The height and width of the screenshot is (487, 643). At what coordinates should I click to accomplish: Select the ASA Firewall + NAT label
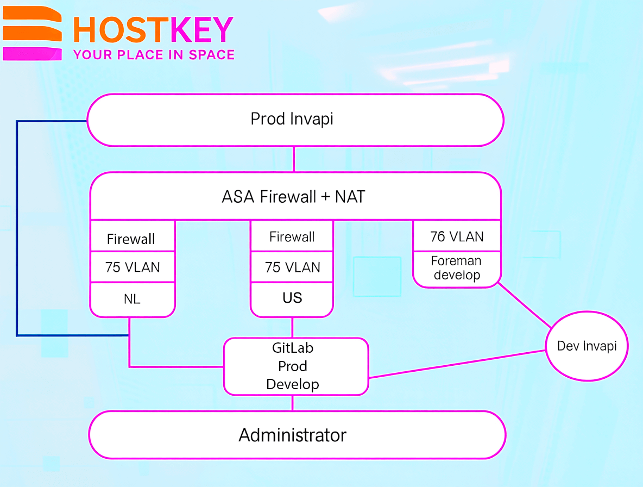point(293,196)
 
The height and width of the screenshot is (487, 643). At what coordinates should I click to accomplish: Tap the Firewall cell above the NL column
point(131,238)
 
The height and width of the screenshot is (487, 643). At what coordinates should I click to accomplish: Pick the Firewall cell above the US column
point(292,236)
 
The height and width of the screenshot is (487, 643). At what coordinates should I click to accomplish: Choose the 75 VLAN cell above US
point(292,267)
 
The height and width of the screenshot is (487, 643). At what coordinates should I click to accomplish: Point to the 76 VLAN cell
point(456,236)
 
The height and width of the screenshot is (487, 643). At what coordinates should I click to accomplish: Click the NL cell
point(131,299)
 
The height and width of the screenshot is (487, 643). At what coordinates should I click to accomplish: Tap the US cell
point(292,298)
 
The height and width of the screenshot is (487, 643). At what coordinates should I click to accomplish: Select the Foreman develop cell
point(456,268)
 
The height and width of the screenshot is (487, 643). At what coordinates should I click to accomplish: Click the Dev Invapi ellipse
point(587,346)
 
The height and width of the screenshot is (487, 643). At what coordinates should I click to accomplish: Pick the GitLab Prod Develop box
point(295,366)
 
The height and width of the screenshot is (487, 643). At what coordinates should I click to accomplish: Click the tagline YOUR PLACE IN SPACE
point(154,55)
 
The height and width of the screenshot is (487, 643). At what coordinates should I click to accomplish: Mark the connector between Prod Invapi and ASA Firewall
point(294,159)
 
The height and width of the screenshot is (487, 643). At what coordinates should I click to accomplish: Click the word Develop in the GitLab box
point(292,384)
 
